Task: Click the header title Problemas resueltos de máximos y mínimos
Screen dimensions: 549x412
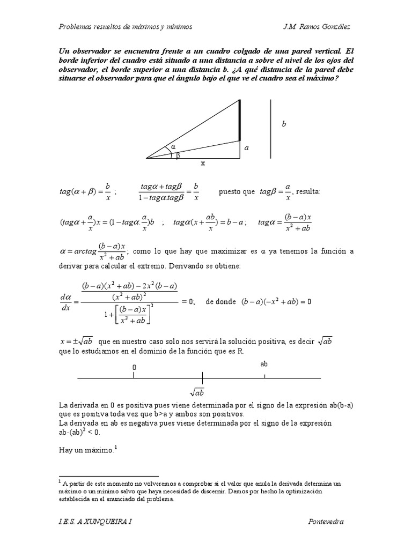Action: pyautogui.click(x=125, y=26)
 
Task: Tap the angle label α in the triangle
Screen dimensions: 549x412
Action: pyautogui.click(x=173, y=146)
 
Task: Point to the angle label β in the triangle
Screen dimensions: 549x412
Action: pyautogui.click(x=179, y=155)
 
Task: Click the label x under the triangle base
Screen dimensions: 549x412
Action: pyautogui.click(x=203, y=163)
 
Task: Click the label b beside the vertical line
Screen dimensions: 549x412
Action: pyautogui.click(x=284, y=124)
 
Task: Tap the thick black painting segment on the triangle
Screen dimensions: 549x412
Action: pyautogui.click(x=239, y=120)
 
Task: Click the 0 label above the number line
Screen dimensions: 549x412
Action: pyautogui.click(x=134, y=367)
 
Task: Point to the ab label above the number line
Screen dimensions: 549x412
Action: pyautogui.click(x=264, y=364)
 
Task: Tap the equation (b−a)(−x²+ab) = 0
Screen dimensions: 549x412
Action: pyautogui.click(x=276, y=302)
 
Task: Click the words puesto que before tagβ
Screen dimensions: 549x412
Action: pyautogui.click(x=237, y=191)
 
